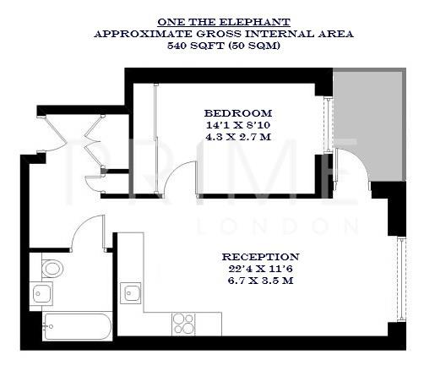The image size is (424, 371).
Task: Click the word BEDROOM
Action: click(238, 113)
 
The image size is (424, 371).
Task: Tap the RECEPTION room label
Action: click(260, 256)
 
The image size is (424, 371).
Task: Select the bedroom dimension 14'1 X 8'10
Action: click(238, 126)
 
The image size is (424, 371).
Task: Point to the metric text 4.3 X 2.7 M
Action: click(238, 139)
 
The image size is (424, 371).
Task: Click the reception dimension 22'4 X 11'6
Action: click(260, 269)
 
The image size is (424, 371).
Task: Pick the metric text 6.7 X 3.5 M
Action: click(260, 281)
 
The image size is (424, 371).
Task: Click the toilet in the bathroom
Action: click(52, 269)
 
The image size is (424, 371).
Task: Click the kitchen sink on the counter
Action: click(132, 293)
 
